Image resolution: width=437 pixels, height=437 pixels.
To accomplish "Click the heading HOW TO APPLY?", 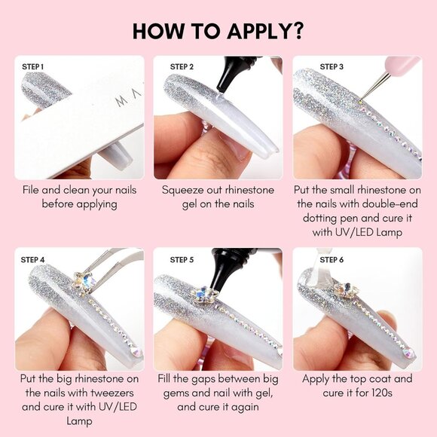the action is coord(218,31).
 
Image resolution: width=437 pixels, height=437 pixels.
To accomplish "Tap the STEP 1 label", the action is coord(33,67).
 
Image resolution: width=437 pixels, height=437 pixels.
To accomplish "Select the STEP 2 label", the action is coord(182,67).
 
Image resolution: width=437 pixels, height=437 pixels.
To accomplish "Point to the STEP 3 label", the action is coord(332,67).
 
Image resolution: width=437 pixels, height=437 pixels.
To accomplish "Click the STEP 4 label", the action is coord(32,260).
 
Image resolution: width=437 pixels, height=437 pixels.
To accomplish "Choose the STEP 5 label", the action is coord(182,260).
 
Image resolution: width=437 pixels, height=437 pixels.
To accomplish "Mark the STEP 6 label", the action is coord(332,260).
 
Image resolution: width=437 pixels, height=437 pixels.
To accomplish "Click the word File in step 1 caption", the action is coord(31,190).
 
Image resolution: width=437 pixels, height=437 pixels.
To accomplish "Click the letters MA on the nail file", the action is coord(129,98).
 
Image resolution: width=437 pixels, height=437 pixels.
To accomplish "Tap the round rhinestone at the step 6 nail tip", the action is coord(408,353).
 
